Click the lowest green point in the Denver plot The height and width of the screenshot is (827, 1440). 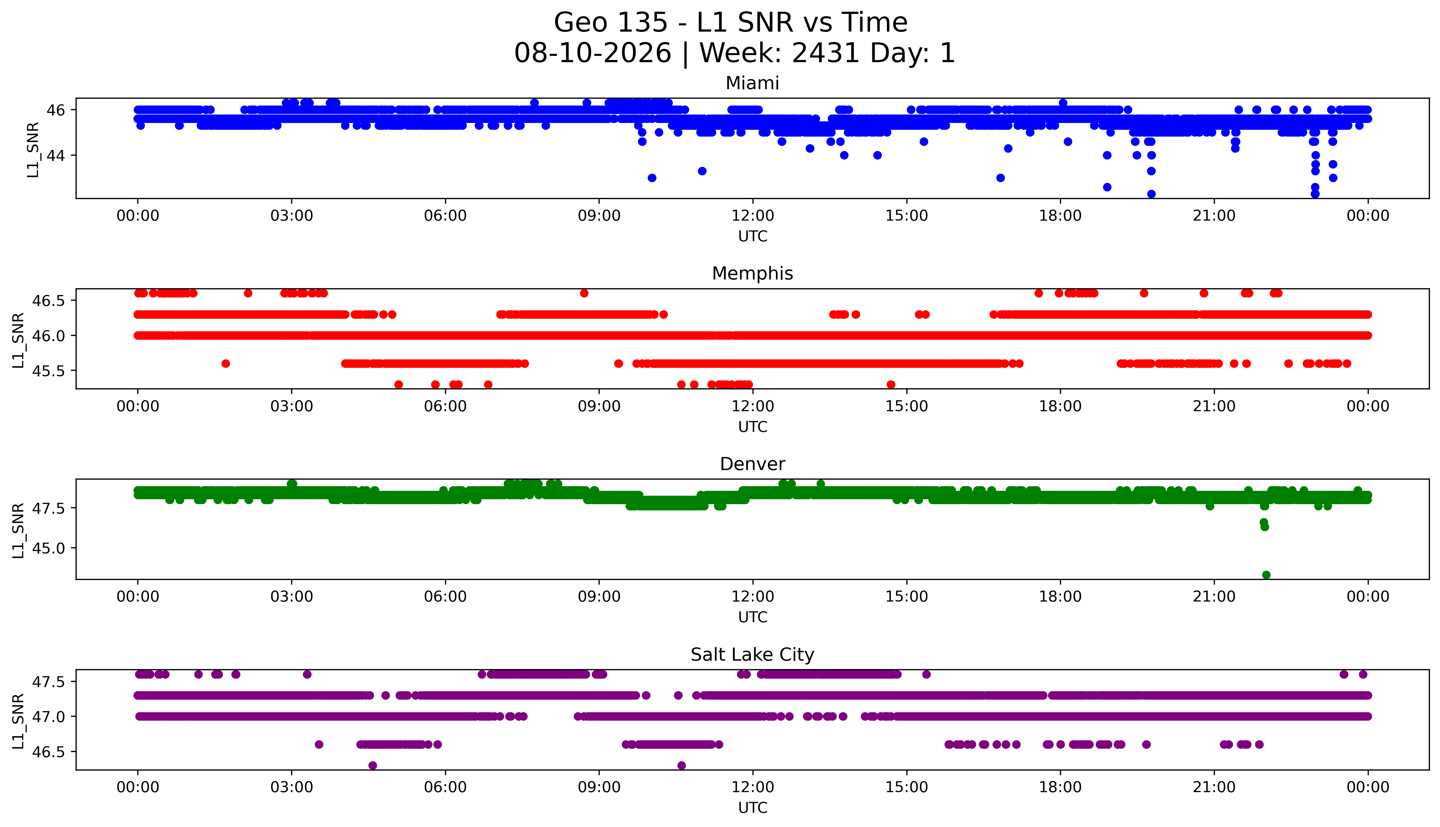tap(1266, 575)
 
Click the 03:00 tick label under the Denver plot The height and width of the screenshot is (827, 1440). tap(292, 596)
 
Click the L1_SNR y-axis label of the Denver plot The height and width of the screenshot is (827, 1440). tap(18, 531)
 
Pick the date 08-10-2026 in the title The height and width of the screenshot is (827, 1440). tap(593, 53)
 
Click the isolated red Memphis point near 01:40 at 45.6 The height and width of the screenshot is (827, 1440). tap(226, 363)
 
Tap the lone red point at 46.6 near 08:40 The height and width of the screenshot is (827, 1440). tap(584, 293)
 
